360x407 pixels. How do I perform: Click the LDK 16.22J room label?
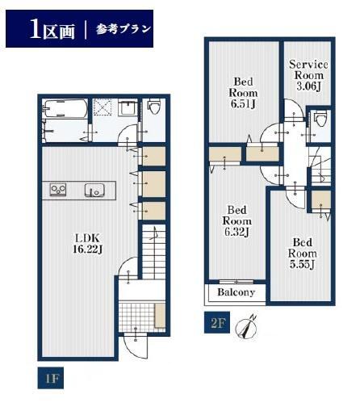point(87,243)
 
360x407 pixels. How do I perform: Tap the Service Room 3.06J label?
point(308,75)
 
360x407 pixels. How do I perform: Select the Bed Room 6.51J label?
point(243,93)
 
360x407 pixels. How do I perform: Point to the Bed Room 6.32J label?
point(237,221)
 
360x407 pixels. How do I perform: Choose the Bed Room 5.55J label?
point(303,254)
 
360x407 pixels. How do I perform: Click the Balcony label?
point(236,292)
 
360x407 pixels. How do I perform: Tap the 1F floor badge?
point(51,379)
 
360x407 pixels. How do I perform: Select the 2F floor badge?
point(217,322)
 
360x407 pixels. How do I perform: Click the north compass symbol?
point(245,327)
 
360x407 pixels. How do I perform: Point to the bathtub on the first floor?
point(65,109)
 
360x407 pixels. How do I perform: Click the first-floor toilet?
point(154,107)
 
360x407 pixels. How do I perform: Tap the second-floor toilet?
point(320,119)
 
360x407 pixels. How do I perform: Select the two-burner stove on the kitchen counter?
point(58,190)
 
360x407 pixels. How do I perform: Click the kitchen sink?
point(94,190)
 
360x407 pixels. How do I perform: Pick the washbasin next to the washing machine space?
point(128,108)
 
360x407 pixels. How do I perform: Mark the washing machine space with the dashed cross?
point(103,108)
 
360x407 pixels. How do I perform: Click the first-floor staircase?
point(153,252)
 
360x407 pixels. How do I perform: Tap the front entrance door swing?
point(136,346)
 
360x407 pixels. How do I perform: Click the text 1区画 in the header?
point(52,29)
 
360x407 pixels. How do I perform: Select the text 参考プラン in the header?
point(123,29)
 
